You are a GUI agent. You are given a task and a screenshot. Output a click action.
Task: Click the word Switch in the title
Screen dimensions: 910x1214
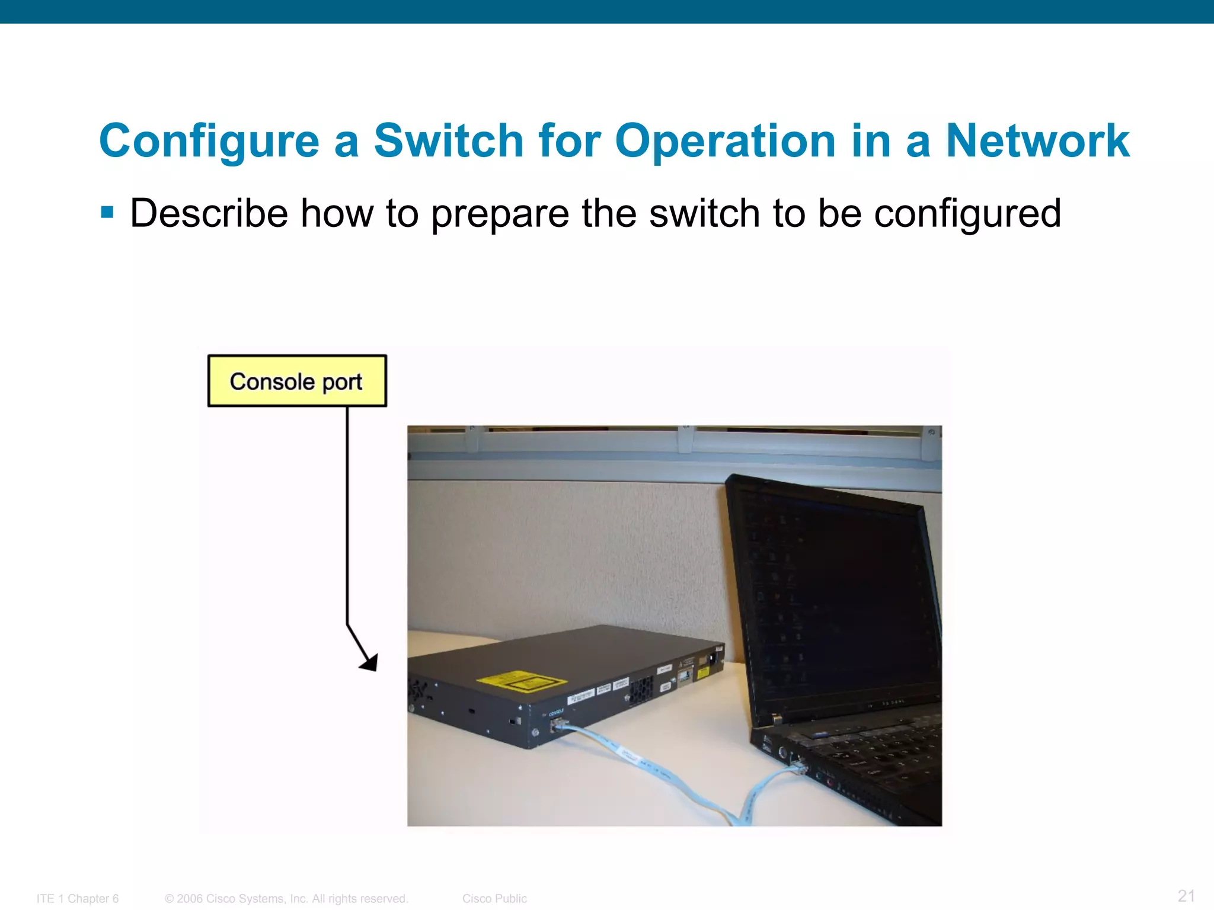click(448, 141)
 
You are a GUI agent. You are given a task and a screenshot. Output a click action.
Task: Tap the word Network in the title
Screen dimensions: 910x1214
click(1037, 141)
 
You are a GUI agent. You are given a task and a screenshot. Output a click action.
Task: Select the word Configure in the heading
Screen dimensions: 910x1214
click(209, 141)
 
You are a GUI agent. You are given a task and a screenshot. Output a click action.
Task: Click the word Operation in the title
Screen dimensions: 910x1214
click(725, 141)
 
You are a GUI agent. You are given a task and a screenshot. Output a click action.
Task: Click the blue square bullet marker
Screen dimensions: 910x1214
click(107, 212)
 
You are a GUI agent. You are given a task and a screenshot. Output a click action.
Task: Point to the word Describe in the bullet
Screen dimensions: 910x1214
click(209, 213)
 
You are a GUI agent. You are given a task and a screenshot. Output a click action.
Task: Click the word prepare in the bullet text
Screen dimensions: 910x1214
click(499, 214)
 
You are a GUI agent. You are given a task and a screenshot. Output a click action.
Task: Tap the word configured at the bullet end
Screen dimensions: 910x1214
click(967, 214)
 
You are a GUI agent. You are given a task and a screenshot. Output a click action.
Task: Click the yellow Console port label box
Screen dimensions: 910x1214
click(296, 381)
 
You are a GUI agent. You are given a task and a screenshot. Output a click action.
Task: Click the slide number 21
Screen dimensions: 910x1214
click(1186, 895)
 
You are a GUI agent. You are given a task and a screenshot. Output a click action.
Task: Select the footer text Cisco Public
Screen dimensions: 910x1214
click(494, 899)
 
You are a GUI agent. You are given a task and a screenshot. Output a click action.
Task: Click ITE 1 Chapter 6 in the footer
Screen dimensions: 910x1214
click(78, 899)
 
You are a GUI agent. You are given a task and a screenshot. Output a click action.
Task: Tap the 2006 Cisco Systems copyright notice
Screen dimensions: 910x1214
click(286, 899)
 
